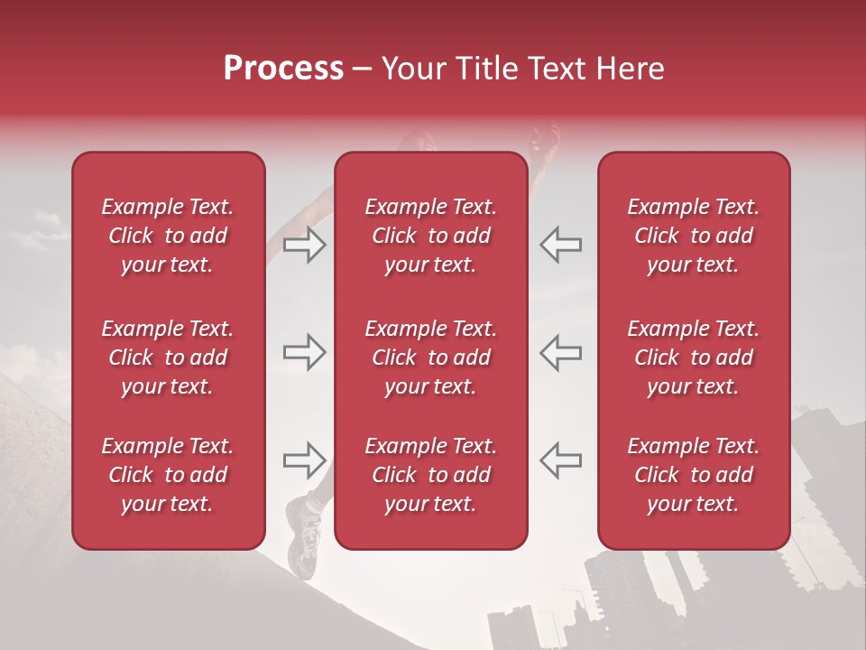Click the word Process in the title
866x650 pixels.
283,69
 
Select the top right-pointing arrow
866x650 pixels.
304,245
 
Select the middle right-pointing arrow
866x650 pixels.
304,353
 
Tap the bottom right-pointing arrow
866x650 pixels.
304,460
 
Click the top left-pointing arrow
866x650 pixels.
560,245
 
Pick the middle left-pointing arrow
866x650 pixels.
560,353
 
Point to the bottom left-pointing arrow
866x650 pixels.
560,460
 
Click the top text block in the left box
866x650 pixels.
168,236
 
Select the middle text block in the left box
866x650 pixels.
168,357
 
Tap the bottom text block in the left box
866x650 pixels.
168,475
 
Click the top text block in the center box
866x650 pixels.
430,236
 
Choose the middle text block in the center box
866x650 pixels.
430,357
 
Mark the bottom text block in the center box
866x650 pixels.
430,475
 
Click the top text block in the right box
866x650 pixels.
693,236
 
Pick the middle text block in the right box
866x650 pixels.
693,357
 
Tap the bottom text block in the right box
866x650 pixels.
693,475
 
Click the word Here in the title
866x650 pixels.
631,69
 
